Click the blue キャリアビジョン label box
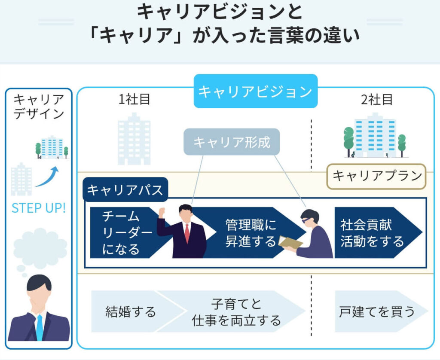(255, 92)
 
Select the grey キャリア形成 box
(232, 142)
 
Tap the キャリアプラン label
(376, 176)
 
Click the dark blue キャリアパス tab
(125, 190)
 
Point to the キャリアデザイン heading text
(39, 107)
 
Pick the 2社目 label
(377, 100)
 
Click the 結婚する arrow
(131, 311)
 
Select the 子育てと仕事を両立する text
(236, 312)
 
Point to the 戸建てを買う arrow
(377, 311)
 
